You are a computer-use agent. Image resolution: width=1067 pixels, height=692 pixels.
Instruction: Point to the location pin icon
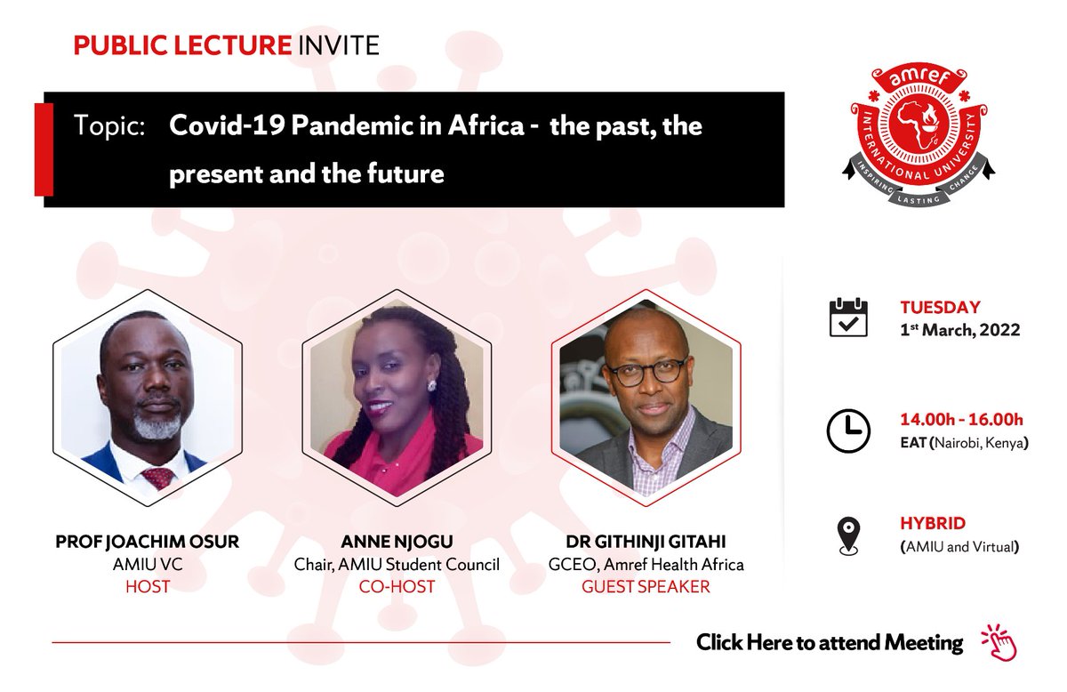pyautogui.click(x=848, y=536)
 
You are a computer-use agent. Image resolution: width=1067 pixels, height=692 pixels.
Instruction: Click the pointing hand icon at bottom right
pyautogui.click(x=998, y=641)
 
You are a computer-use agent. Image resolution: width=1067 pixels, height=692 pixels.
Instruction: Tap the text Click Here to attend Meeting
pyautogui.click(x=829, y=642)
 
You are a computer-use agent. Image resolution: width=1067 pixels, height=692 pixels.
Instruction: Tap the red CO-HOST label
pyautogui.click(x=397, y=587)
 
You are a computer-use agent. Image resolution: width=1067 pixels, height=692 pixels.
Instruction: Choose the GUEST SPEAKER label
pyautogui.click(x=646, y=587)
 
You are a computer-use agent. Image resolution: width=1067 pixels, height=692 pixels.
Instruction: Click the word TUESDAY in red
pyautogui.click(x=940, y=308)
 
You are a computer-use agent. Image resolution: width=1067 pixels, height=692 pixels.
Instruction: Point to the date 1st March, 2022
pyautogui.click(x=959, y=330)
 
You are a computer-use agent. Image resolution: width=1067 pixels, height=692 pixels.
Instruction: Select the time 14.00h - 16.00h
pyautogui.click(x=961, y=420)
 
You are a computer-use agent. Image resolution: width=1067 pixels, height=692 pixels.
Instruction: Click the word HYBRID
pyautogui.click(x=933, y=524)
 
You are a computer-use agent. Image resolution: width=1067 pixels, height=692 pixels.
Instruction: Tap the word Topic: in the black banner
pyautogui.click(x=110, y=126)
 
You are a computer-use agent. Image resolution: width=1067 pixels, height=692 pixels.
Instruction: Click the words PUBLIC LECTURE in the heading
pyautogui.click(x=182, y=45)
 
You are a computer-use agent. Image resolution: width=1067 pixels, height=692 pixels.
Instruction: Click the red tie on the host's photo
pyautogui.click(x=159, y=478)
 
